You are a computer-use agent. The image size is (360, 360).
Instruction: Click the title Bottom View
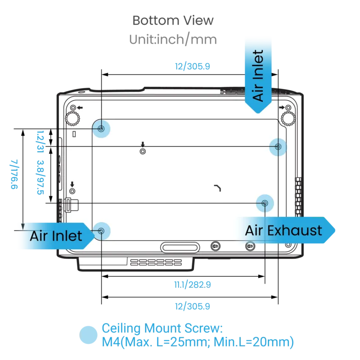(173, 20)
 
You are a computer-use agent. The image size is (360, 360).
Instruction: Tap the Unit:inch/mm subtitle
(173, 39)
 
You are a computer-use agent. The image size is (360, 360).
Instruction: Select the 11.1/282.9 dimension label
(193, 285)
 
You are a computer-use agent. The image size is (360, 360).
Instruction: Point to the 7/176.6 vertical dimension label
(14, 174)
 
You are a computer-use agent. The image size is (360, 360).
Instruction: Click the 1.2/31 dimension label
(40, 142)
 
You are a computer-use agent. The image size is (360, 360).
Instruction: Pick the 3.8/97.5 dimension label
(40, 177)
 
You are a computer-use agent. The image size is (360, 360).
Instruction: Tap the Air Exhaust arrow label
(285, 230)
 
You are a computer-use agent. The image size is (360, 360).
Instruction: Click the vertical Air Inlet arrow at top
(258, 76)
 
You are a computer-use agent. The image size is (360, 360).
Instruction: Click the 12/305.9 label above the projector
(193, 66)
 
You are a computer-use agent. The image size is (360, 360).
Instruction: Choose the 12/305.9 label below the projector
(193, 306)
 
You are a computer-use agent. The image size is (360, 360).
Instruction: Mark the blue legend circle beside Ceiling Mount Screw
(88, 335)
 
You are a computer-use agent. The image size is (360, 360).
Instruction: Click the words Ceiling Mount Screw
(162, 328)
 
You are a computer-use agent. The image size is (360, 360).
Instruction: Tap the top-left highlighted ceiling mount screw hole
(101, 129)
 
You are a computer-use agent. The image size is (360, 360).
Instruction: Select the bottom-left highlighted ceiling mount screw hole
(101, 231)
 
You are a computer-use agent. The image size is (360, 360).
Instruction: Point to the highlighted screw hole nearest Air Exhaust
(265, 203)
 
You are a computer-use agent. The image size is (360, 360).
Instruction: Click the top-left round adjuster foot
(73, 118)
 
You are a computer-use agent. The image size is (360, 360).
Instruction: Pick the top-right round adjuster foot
(288, 118)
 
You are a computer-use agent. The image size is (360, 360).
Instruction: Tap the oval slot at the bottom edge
(180, 247)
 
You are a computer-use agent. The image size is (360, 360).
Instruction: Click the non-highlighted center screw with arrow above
(143, 151)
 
